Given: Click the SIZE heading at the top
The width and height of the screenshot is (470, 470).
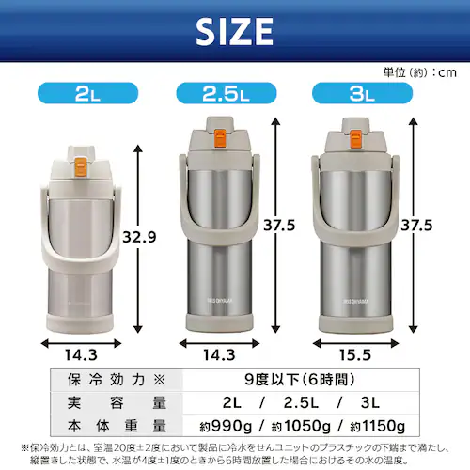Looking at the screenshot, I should [x=234, y=32].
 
